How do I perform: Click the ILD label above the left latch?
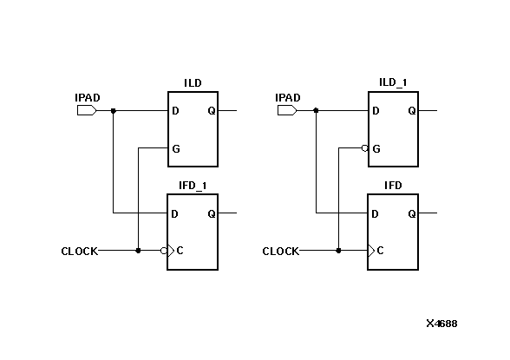tap(192, 83)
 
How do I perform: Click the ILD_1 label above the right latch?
tap(393, 83)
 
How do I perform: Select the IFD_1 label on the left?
tap(192, 186)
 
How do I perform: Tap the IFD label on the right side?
tap(392, 186)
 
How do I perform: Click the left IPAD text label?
tap(88, 98)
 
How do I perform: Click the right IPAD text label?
tap(287, 98)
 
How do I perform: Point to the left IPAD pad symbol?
tap(87, 111)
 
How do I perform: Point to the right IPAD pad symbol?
tap(287, 111)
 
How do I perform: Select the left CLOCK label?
tap(79, 252)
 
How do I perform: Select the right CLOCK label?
tap(280, 252)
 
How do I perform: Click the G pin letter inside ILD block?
tap(176, 149)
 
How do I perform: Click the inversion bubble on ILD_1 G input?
tap(365, 148)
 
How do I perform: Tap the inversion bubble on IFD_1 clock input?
tap(164, 251)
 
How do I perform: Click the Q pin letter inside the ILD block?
tap(211, 111)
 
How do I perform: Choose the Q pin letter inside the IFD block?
tap(411, 213)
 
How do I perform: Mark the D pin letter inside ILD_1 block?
tap(376, 111)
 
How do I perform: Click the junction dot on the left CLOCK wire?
tap(138, 251)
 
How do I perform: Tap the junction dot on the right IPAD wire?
tap(316, 111)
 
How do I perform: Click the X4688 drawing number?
tap(441, 324)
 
